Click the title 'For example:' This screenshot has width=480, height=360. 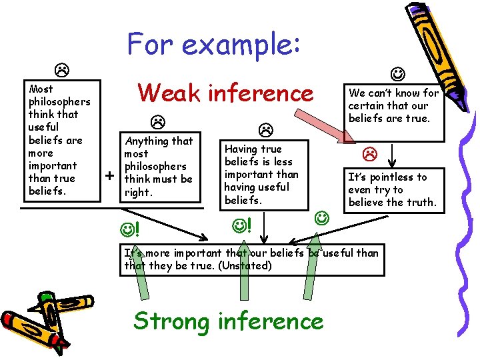pos(215,45)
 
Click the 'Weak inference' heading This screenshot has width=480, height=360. pos(225,93)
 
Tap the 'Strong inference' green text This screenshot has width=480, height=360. pos(229,321)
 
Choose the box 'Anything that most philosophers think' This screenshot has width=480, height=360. pos(159,166)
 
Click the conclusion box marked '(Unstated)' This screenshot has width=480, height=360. pos(252,259)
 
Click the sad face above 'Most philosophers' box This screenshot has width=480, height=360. pos(59,69)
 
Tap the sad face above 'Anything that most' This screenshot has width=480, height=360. pos(157,122)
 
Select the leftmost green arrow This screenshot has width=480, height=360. pos(143,293)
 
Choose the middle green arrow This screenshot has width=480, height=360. pos(244,293)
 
